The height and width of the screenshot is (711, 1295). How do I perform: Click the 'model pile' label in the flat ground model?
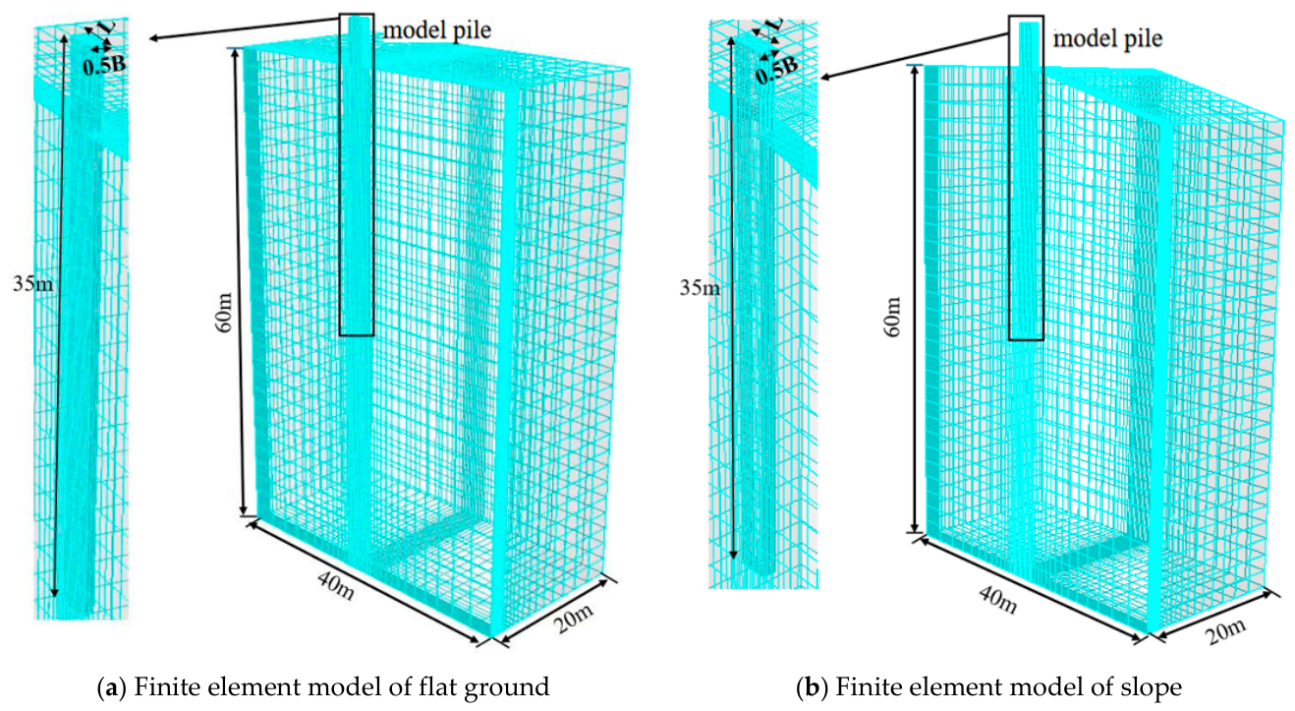(x=437, y=30)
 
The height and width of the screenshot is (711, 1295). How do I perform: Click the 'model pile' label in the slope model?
(x=1107, y=38)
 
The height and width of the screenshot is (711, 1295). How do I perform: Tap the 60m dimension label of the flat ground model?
(x=224, y=313)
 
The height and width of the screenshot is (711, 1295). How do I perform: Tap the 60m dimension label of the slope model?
(x=893, y=317)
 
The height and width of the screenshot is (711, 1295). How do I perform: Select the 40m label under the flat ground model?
(x=336, y=584)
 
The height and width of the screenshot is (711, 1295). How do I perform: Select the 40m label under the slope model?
(x=998, y=598)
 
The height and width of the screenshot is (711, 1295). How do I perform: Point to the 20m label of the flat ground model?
(x=573, y=619)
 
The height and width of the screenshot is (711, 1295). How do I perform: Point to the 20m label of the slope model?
(x=1225, y=631)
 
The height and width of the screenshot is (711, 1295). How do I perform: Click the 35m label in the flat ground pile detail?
(x=33, y=283)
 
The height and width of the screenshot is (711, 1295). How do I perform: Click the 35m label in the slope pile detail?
(x=700, y=287)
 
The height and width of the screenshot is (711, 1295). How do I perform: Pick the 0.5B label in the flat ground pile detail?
(x=104, y=65)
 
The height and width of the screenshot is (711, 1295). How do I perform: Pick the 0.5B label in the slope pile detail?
(x=777, y=70)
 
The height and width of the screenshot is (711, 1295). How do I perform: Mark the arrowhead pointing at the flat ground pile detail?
(x=154, y=38)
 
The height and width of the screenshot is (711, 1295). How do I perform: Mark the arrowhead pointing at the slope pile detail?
(x=824, y=78)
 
